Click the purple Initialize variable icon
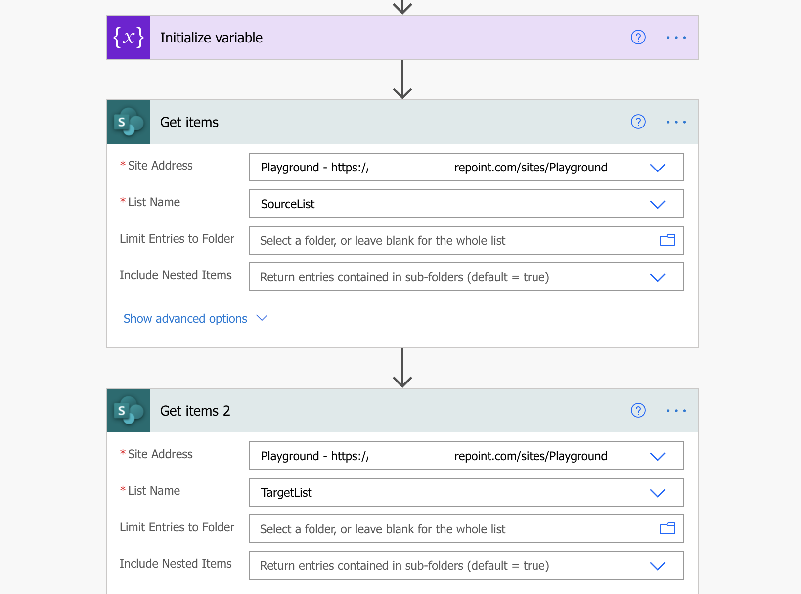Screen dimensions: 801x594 [128, 38]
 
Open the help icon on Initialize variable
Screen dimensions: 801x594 [638, 37]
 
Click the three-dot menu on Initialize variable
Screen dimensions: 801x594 [676, 38]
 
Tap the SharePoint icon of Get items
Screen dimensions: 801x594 [128, 122]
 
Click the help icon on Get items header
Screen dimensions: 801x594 [638, 122]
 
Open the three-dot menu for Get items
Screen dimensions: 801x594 [676, 122]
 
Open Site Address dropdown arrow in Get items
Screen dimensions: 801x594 [657, 168]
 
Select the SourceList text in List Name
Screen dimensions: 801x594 [287, 204]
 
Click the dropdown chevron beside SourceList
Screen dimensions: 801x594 [657, 205]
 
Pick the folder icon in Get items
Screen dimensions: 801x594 [667, 240]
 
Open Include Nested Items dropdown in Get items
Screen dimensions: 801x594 [657, 277]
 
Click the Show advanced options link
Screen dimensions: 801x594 [185, 318]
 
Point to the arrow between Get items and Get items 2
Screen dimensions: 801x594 [402, 368]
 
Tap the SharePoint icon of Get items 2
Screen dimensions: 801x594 [128, 411]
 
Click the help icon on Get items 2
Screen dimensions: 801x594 [638, 410]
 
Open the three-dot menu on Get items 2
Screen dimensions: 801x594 [676, 411]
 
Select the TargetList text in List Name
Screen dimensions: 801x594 [286, 493]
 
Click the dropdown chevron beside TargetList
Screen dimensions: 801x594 [657, 493]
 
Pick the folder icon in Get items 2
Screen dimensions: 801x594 [667, 528]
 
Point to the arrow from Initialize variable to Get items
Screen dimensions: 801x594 [402, 80]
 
